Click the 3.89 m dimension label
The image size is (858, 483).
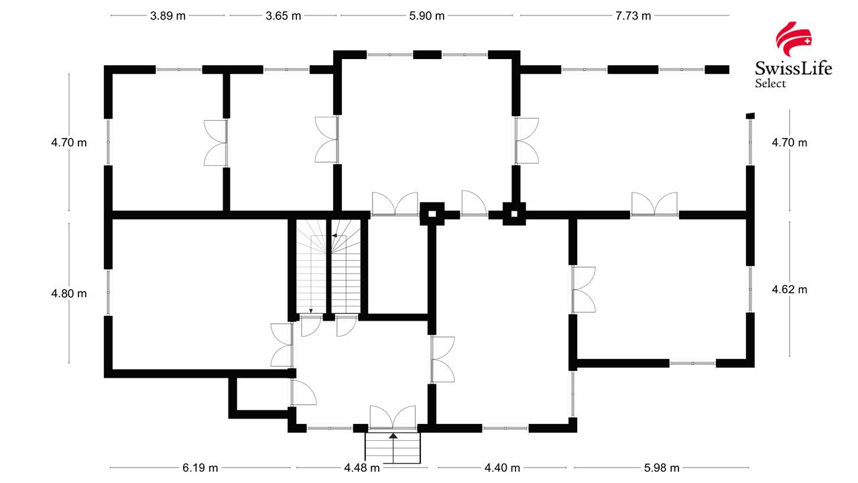168,16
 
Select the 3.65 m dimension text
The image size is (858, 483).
283,16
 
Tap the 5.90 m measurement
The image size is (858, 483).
426,16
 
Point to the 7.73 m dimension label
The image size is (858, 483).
633,16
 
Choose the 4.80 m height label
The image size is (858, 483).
69,293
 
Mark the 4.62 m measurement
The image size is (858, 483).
790,290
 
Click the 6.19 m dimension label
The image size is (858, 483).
200,468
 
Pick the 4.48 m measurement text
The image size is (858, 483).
362,468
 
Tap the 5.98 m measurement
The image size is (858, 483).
662,468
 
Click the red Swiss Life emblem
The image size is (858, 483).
794,40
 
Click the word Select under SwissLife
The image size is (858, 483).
770,84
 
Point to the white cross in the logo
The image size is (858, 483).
807,41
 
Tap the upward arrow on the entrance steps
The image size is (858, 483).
393,437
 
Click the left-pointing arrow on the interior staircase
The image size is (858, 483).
334,236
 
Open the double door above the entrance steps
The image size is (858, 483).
393,417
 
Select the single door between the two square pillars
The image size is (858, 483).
473,204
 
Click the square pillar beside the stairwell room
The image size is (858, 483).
432,215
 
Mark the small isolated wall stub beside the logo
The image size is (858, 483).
750,115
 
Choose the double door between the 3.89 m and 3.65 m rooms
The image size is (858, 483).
217,143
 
